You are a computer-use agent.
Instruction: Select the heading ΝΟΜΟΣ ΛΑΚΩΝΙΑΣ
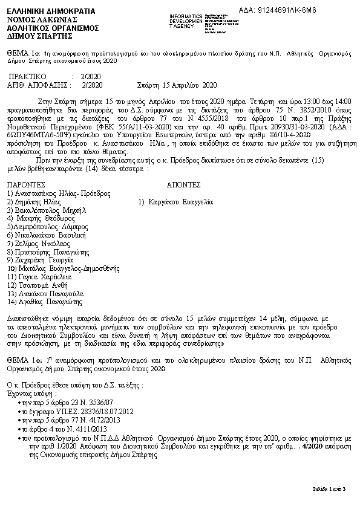[38, 19]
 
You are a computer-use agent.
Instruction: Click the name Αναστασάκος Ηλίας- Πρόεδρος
[59, 193]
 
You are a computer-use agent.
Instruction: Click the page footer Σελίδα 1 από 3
[329, 488]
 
